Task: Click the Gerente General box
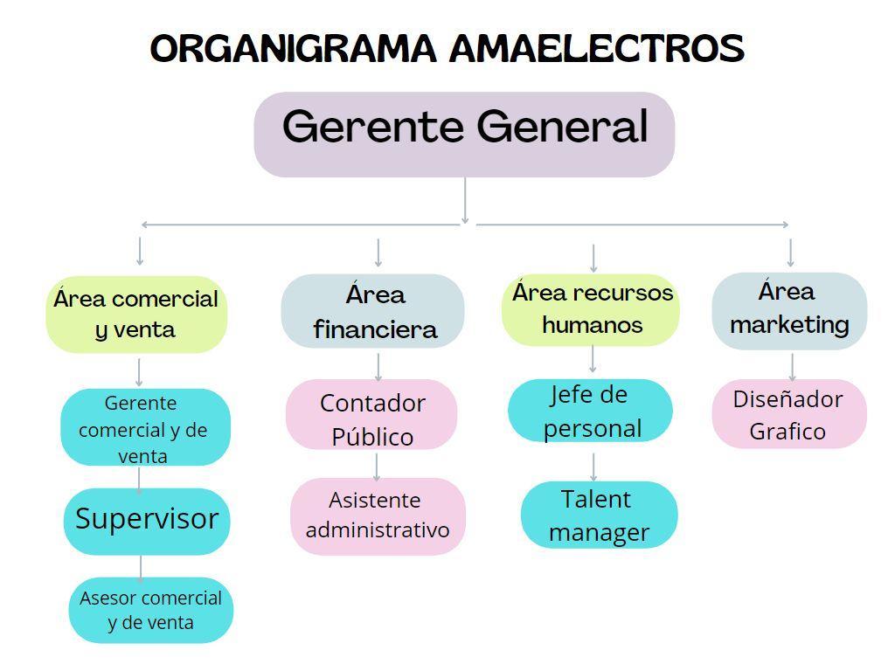tap(464, 134)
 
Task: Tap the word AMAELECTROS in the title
tap(597, 48)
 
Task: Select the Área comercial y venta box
tap(136, 315)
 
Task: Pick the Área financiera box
tap(373, 312)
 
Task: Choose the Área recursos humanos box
tap(592, 308)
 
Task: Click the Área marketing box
tap(789, 310)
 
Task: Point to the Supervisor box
tap(147, 520)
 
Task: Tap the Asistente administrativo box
tap(378, 515)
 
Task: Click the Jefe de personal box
tap(591, 411)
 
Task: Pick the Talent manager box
tap(599, 515)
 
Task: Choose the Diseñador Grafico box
tap(788, 414)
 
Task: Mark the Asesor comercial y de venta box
tap(150, 610)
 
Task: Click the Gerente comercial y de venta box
tap(144, 428)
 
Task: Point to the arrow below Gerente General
tap(465, 201)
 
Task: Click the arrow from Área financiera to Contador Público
tap(378, 365)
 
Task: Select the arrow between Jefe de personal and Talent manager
tap(593, 467)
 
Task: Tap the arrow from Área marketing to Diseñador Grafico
tap(792, 366)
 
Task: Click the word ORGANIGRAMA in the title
tap(293, 48)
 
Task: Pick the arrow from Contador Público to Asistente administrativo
tap(377, 466)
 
